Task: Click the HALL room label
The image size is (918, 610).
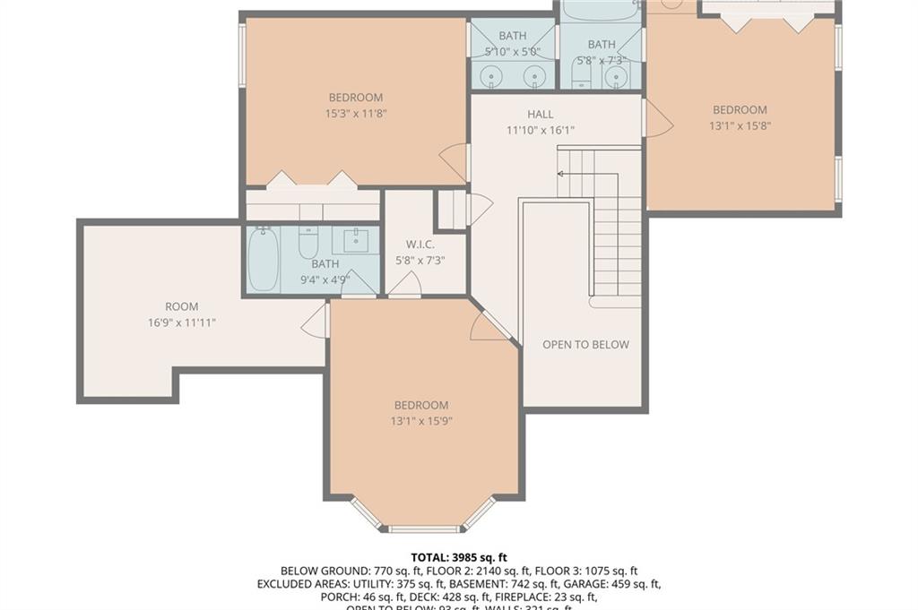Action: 540,115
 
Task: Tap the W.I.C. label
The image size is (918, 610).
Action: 420,244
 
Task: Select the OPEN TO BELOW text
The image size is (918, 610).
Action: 585,345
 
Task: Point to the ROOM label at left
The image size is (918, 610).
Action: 181,307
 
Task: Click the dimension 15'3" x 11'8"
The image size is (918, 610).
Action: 355,114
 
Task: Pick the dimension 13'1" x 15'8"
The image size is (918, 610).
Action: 740,126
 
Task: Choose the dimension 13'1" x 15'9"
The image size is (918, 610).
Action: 420,421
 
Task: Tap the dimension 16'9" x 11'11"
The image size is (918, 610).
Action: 182,322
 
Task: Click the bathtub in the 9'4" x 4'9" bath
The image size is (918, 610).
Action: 263,259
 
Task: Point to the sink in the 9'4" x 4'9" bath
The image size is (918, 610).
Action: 355,240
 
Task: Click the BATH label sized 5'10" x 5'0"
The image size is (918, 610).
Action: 513,36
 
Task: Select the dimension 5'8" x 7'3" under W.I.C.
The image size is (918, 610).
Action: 420,261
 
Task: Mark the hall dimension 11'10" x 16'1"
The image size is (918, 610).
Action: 540,131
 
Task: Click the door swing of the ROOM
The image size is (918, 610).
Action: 316,321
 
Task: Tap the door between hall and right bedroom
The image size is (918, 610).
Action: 656,119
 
